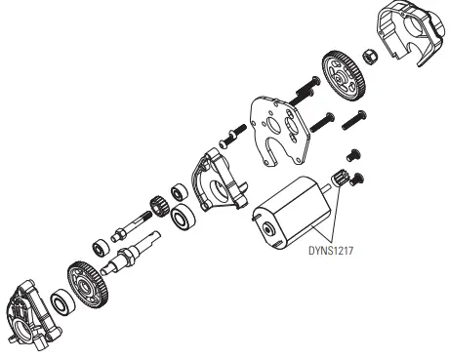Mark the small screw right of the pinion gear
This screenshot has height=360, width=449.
point(358,177)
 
